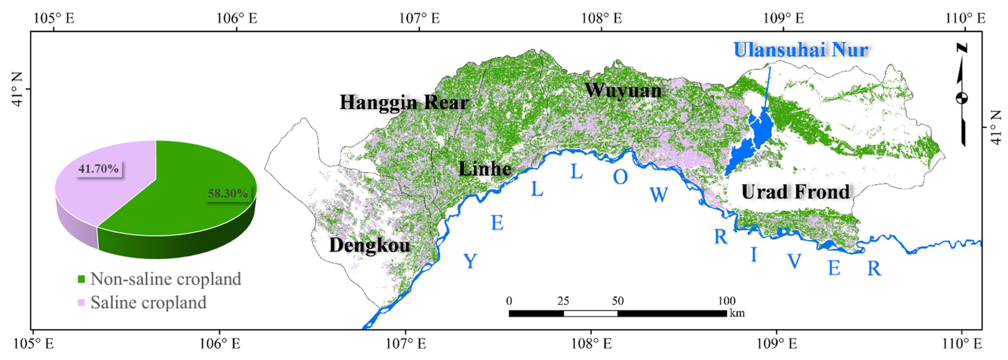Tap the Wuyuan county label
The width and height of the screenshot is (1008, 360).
pyautogui.click(x=623, y=90)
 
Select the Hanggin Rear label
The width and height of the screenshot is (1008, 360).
pyautogui.click(x=404, y=103)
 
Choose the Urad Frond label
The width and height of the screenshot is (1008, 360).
pyautogui.click(x=795, y=192)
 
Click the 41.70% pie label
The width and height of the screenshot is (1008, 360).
pyautogui.click(x=99, y=169)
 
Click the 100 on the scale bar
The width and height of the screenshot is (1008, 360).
pyautogui.click(x=727, y=301)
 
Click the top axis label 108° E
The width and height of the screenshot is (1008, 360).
pyautogui.click(x=601, y=18)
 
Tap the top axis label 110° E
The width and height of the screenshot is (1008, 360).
pyautogui.click(x=965, y=18)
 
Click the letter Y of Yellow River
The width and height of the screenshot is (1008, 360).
pyautogui.click(x=470, y=261)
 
